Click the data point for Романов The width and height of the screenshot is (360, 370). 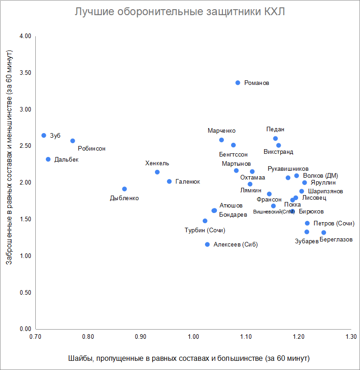tap(238, 83)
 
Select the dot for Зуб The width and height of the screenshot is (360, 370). tap(44, 135)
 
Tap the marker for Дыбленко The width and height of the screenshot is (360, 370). tap(124, 189)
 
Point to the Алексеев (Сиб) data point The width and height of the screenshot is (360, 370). tap(207, 245)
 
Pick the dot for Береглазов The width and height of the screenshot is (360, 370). tap(324, 233)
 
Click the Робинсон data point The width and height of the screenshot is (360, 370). tap(72, 141)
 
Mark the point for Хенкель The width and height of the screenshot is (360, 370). tap(157, 172)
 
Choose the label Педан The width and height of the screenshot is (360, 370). tap(275, 129)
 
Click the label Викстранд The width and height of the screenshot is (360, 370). tap(278, 151)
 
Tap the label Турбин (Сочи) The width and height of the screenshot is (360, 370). tap(205, 230)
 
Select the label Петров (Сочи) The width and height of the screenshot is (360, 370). tap(334, 224)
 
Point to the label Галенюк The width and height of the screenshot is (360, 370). tap(188, 182)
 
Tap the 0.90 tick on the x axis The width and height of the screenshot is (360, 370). tap(141, 337)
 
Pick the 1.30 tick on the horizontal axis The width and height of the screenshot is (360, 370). tap(351, 337)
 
